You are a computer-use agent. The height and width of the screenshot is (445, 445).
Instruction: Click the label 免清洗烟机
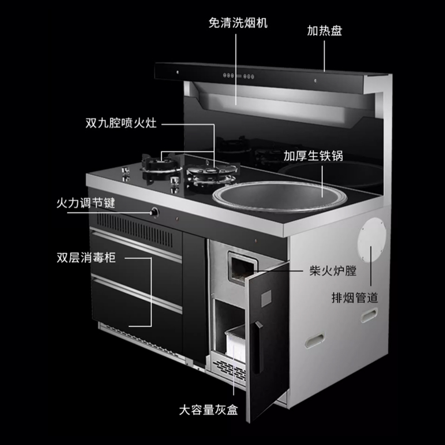pos(238,23)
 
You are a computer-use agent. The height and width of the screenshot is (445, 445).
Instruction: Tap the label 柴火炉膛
pos(332,272)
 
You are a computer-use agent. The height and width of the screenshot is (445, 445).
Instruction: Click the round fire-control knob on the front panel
pos(155,211)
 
